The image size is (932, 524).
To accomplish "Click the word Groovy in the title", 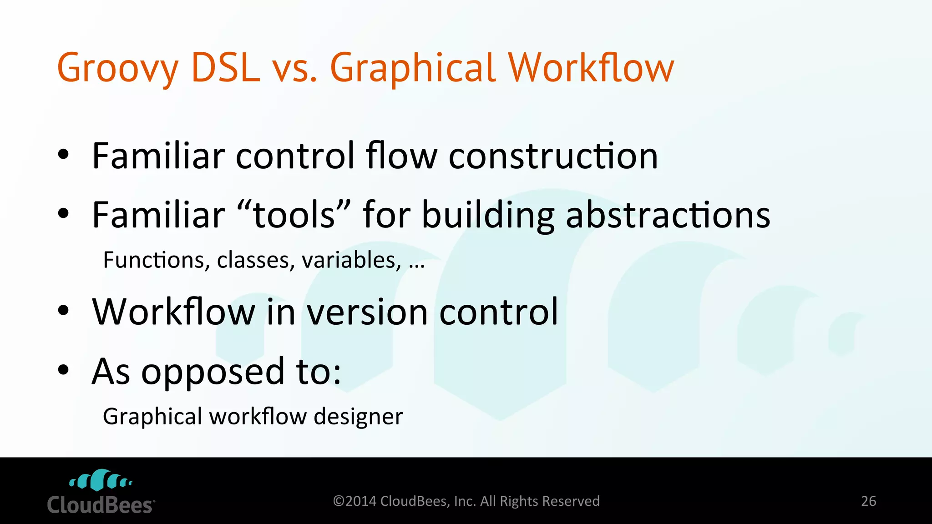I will point(117,68).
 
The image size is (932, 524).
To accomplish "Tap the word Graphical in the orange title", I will point(412,68).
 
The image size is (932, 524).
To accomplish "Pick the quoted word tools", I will point(294,215).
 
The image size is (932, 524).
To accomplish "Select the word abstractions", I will point(668,215).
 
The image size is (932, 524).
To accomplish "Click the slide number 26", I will point(868,501).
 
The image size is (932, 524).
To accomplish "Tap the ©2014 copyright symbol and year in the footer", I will point(355,501).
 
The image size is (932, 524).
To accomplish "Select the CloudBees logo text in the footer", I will point(101,505).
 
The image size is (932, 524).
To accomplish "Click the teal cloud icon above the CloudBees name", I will point(101,480).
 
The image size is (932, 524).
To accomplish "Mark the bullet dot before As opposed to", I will point(63,370).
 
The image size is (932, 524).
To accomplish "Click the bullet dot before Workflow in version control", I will point(63,311).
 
